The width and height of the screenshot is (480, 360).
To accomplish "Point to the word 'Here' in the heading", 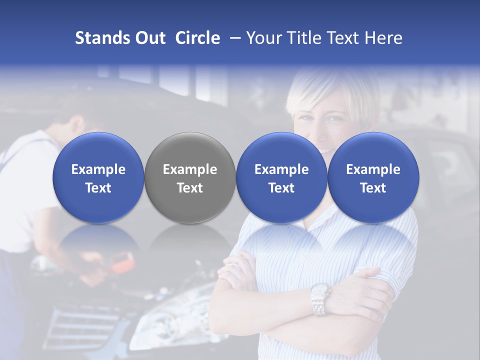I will tap(384, 38).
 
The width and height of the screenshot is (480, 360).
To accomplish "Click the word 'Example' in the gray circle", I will tap(190, 169).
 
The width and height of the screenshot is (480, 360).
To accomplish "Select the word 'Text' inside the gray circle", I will tap(190, 188).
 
